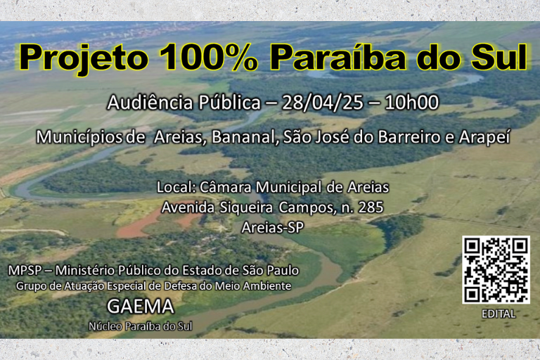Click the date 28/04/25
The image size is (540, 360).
point(320,103)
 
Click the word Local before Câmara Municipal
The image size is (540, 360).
point(176,188)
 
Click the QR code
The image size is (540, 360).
point(496,270)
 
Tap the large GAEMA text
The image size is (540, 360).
point(141,307)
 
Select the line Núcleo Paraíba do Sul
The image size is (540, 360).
point(140,326)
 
